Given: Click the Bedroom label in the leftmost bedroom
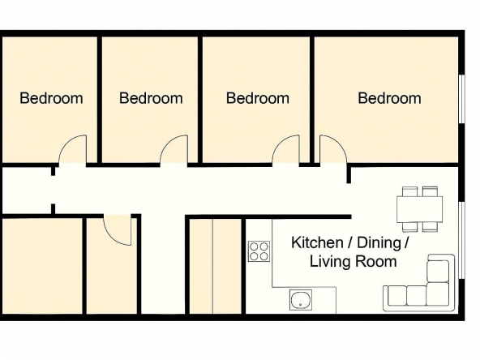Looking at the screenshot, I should click(x=51, y=98).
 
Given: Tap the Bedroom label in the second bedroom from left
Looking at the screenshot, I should click(x=151, y=98).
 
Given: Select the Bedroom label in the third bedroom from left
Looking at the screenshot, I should click(x=257, y=98).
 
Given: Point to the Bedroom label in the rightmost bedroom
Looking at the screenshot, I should click(x=389, y=98).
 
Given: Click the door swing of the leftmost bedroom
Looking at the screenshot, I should click(x=73, y=150).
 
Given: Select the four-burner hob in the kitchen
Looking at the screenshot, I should click(x=259, y=251).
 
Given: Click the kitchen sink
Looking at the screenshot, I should click(x=302, y=300).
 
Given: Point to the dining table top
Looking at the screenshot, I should click(x=419, y=209).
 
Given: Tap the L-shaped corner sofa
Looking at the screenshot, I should click(x=421, y=287).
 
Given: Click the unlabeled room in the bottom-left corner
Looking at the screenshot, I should click(x=41, y=266).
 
